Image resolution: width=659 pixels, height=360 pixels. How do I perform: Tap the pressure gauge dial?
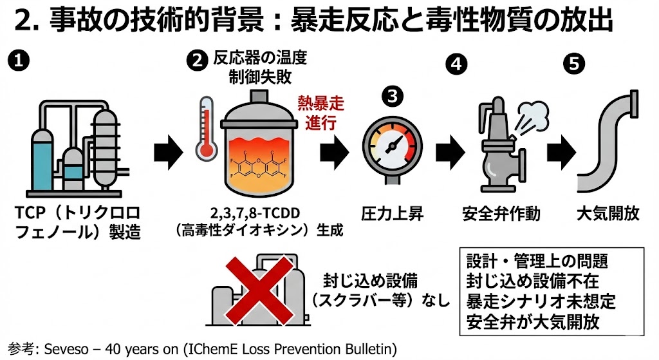pyautogui.click(x=389, y=147)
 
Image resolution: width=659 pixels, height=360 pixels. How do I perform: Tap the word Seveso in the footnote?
pyautogui.click(x=65, y=349)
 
